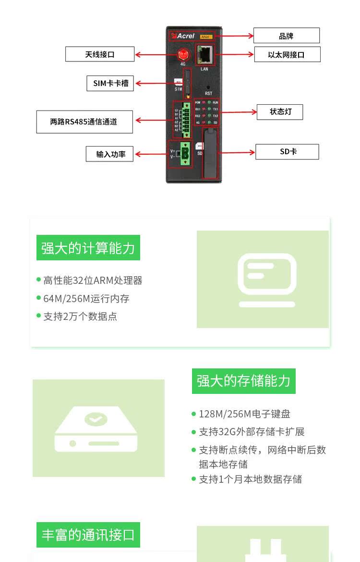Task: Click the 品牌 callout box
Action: point(286,36)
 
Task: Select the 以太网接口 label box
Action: point(287,54)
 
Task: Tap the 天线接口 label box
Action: point(100,54)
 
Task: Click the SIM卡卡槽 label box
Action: point(110,83)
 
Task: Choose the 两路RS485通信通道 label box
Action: point(84,122)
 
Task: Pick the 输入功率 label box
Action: point(110,154)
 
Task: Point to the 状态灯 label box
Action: point(280,112)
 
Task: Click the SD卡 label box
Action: point(287,152)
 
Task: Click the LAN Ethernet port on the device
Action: point(205,55)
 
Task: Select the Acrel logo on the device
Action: point(183,36)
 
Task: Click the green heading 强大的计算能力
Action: point(88,248)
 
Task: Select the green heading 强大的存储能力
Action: point(243,381)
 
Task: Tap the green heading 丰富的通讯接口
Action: point(88,535)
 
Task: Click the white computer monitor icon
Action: point(267,280)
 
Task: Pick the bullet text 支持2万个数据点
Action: point(80,317)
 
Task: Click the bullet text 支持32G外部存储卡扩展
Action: point(252,432)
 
